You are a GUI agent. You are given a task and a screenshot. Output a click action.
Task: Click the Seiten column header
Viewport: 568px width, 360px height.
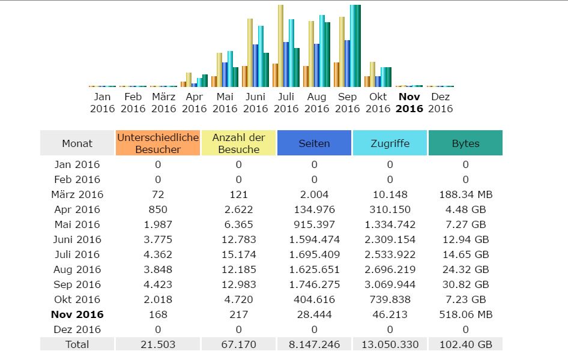pyautogui.click(x=314, y=143)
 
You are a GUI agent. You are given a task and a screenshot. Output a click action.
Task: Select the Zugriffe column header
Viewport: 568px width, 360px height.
pyautogui.click(x=390, y=143)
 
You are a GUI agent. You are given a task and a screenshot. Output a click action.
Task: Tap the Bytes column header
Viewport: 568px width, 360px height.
pyautogui.click(x=465, y=143)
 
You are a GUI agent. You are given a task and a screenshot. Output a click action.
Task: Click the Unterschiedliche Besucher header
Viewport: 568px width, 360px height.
pyautogui.click(x=158, y=143)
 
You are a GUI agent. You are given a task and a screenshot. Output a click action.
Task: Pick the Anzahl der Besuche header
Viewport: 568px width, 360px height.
pyautogui.click(x=238, y=143)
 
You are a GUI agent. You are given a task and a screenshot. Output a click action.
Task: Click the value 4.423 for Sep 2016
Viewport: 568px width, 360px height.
pyautogui.click(x=158, y=284)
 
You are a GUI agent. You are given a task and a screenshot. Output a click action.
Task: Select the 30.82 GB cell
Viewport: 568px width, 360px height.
pyautogui.click(x=465, y=284)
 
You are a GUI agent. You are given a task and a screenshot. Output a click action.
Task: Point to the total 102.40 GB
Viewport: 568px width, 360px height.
pyautogui.click(x=465, y=344)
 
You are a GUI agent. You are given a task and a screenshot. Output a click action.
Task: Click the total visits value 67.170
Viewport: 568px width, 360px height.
pyautogui.click(x=238, y=344)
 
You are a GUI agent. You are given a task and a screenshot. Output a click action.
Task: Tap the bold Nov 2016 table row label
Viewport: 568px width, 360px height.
pyautogui.click(x=77, y=314)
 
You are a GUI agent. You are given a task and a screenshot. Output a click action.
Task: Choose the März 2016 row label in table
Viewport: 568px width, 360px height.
pyautogui.click(x=77, y=194)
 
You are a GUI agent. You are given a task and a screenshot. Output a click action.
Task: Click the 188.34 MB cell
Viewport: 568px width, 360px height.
pyautogui.click(x=465, y=194)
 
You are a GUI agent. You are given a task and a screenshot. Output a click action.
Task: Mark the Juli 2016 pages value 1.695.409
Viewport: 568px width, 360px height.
pyautogui.click(x=314, y=254)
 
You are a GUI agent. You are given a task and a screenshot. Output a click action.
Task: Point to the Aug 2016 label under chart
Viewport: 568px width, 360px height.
pyautogui.click(x=316, y=103)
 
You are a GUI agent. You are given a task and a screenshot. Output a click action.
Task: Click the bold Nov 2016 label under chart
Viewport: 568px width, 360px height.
pyautogui.click(x=409, y=103)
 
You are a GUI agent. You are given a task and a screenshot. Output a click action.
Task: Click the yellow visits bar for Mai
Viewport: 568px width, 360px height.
pyautogui.click(x=219, y=70)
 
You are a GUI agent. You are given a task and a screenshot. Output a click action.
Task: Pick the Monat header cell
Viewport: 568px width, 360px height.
pyautogui.click(x=77, y=143)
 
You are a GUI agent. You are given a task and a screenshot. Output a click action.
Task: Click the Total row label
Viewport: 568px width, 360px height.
pyautogui.click(x=77, y=344)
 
